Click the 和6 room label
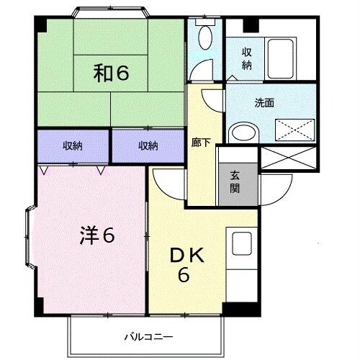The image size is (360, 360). coord(111,73)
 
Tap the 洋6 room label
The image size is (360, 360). coord(97,235)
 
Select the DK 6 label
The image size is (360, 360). coord(186,265)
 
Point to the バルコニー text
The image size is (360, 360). coord(148,337)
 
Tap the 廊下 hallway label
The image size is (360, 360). coord(201,143)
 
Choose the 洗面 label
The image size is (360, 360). coord(264,103)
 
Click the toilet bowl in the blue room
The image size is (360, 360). coord(206,37)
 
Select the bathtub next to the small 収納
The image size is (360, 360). coord(280,58)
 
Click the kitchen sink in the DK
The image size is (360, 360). coord(242,243)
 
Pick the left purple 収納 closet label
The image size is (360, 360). coord(73,145)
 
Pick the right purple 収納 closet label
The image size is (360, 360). coord(148,145)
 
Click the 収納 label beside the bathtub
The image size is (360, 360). coord(247,58)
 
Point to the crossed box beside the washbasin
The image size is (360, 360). coord(295,130)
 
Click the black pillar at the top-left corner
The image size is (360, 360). coord(41,24)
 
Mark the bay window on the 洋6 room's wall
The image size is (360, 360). coord(30,237)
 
